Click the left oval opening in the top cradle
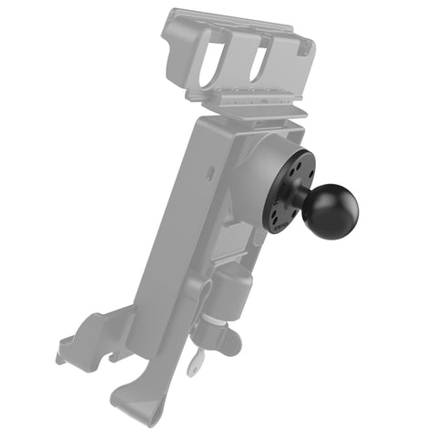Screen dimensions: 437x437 coord(210,58)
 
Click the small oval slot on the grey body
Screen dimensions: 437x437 coord(210,170)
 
